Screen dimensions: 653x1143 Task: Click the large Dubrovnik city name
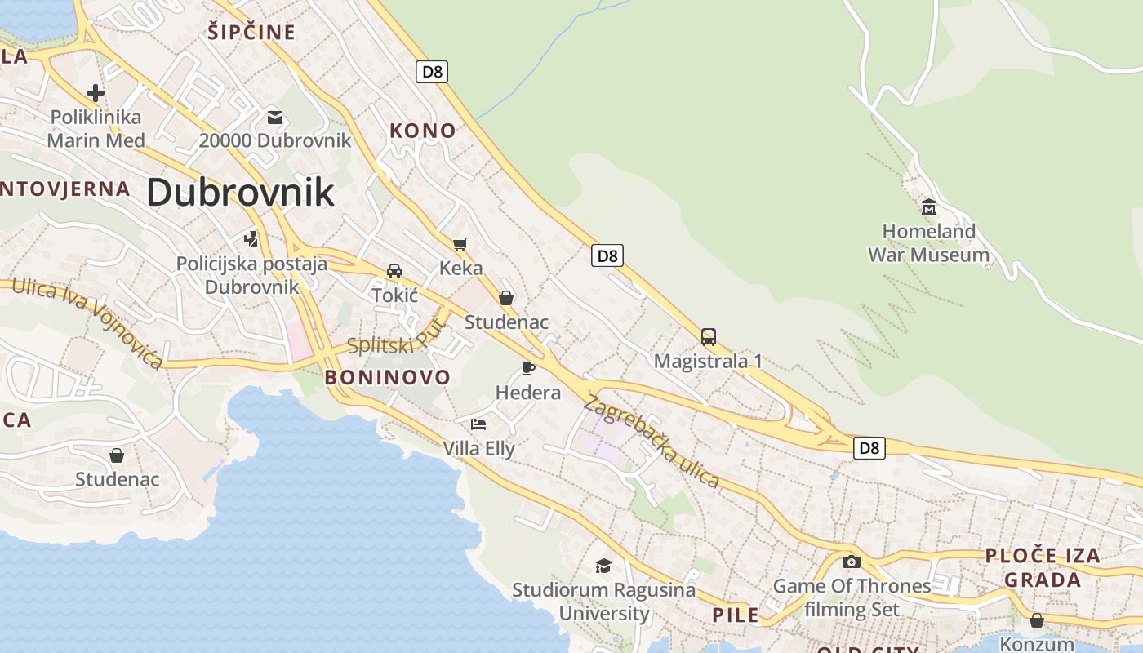coord(240,193)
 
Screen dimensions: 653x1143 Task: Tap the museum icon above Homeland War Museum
coord(928,207)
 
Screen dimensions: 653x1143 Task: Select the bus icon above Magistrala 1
coord(709,336)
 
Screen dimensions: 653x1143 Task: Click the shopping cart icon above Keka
coord(460,244)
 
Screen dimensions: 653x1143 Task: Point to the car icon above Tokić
coord(394,270)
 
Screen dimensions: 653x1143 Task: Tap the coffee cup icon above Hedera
coord(528,368)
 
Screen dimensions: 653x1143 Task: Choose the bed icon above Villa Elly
coord(478,424)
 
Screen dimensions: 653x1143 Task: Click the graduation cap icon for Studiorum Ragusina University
coord(603,565)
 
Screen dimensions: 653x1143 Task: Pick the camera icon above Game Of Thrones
coord(852,562)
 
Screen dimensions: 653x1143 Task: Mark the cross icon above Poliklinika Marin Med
coord(96,92)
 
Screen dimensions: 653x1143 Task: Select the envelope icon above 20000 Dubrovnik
coord(275,118)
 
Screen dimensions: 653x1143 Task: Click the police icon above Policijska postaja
coord(251,239)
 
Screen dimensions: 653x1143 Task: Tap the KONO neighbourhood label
coord(422,131)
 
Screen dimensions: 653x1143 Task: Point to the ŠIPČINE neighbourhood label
coord(251,33)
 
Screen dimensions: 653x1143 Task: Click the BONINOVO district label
coord(387,377)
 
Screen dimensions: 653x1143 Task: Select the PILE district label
coord(735,615)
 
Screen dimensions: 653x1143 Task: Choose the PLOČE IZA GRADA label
coord(1043,567)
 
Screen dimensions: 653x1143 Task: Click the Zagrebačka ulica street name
coord(652,442)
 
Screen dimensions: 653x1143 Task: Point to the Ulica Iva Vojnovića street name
coord(87,322)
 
